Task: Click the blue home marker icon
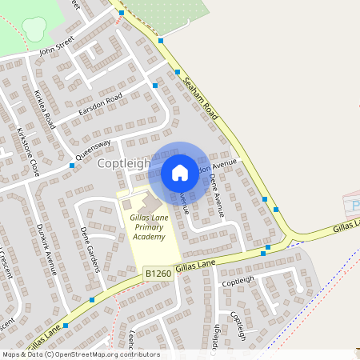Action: [180, 173]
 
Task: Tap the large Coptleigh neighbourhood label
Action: [123, 163]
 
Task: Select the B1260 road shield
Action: [158, 274]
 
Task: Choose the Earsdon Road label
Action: [100, 105]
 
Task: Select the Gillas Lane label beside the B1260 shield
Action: [195, 266]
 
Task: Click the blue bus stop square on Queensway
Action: [72, 166]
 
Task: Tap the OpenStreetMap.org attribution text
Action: [114, 354]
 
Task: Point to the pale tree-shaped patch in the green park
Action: [34, 29]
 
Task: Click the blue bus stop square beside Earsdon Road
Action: [155, 85]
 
